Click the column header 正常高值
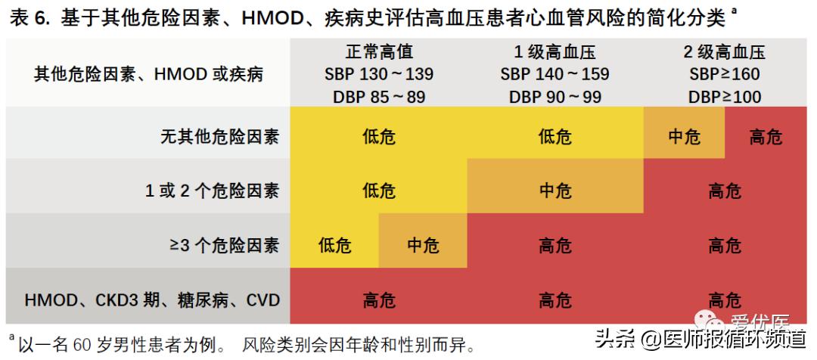coord(379,52)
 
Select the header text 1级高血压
coord(555,52)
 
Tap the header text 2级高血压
coord(724,52)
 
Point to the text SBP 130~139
coord(379,74)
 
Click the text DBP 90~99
coord(555,97)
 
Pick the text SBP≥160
coord(724,74)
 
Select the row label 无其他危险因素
coord(219,137)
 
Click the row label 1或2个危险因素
coord(213,191)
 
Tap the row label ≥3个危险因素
coord(224,245)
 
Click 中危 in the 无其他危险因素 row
coord(684,137)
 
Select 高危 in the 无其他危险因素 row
coord(765,137)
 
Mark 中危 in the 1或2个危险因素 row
coord(555,191)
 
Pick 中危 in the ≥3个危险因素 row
coord(422,245)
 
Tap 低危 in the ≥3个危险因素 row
coord(335,245)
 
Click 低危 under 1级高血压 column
coord(555,137)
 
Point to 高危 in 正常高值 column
coord(379,299)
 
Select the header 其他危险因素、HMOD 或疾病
coord(149,74)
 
